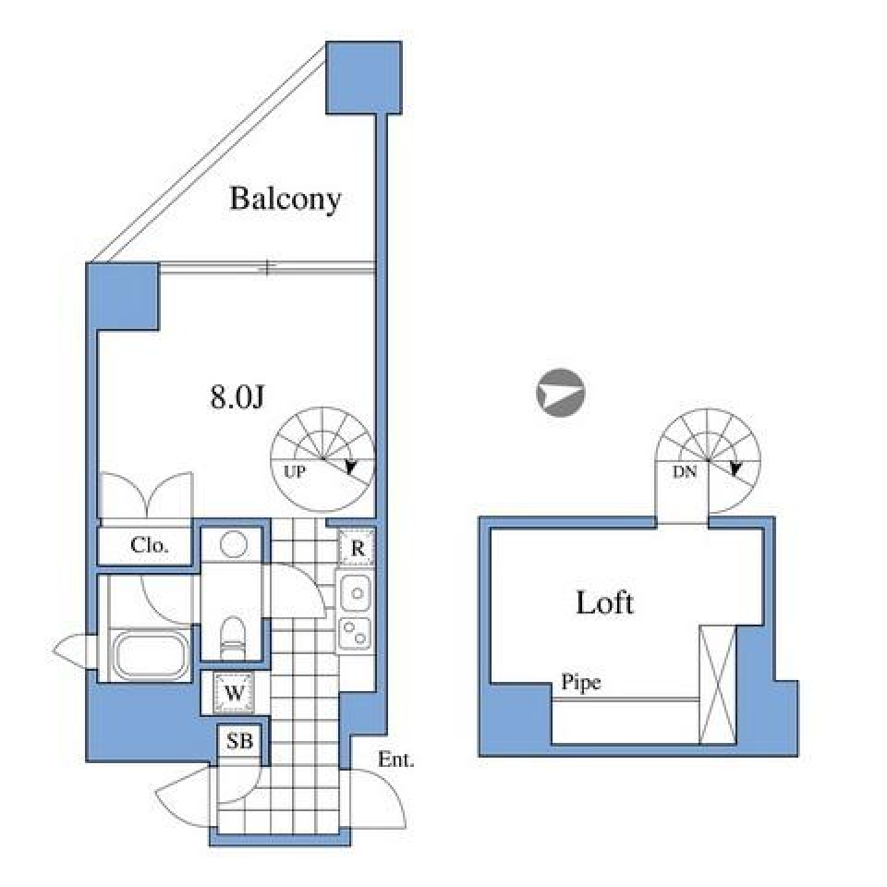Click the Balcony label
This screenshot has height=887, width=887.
click(286, 199)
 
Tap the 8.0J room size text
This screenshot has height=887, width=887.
click(238, 397)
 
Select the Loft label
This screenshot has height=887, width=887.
click(604, 603)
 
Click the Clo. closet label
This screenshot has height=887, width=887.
click(149, 545)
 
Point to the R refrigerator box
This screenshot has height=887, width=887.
click(356, 548)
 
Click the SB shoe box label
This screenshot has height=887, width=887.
click(240, 741)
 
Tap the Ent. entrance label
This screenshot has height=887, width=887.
click(396, 761)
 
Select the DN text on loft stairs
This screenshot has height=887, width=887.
click(684, 470)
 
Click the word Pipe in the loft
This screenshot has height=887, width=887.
click(581, 684)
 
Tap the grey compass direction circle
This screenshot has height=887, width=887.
click(559, 394)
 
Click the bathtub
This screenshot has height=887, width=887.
click(150, 655)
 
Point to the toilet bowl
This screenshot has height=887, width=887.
click(235, 638)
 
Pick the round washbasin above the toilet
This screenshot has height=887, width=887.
click(234, 544)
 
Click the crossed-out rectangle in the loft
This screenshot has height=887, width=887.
click(717, 684)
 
